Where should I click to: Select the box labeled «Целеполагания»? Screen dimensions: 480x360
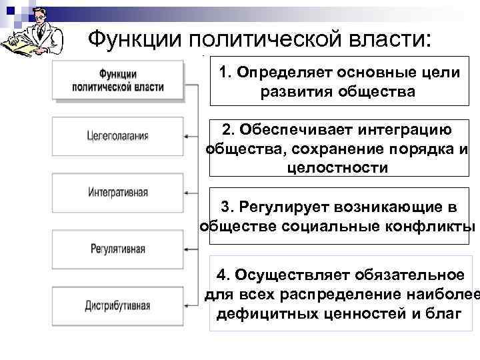coord(117,136)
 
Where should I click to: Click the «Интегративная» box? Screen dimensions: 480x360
coord(117,193)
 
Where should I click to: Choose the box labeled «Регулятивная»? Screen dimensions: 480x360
coord(117,249)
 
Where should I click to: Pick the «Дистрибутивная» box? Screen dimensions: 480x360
coord(117,306)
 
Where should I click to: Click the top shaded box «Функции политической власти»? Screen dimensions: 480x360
coord(117,81)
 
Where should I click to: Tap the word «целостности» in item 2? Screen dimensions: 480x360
coord(337,167)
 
